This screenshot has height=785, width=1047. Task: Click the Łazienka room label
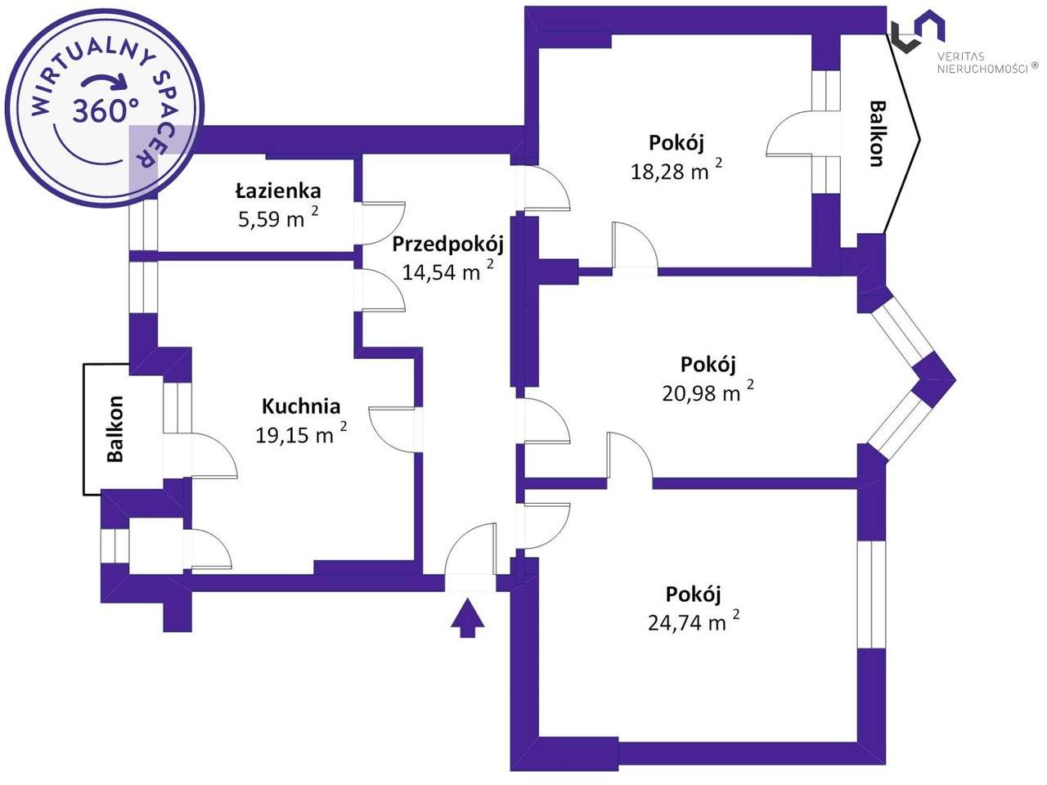278,191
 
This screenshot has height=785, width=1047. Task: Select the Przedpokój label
447,244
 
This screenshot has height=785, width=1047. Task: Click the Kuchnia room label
300,406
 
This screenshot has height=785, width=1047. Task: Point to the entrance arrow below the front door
468,617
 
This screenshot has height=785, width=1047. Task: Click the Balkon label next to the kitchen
115,428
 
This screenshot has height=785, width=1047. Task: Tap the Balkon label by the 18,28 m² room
877,133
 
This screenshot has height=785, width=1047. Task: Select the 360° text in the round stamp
105,110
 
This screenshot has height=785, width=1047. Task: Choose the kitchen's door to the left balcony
210,455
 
